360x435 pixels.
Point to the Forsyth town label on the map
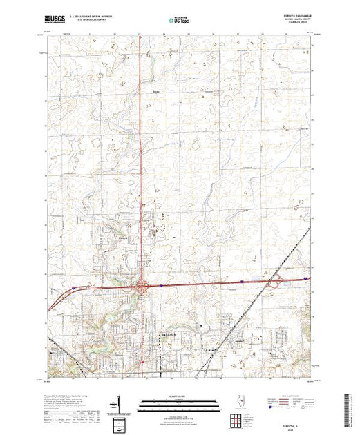point(122,240)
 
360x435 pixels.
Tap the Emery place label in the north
point(156,89)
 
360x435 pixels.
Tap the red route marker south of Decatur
point(142,360)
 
